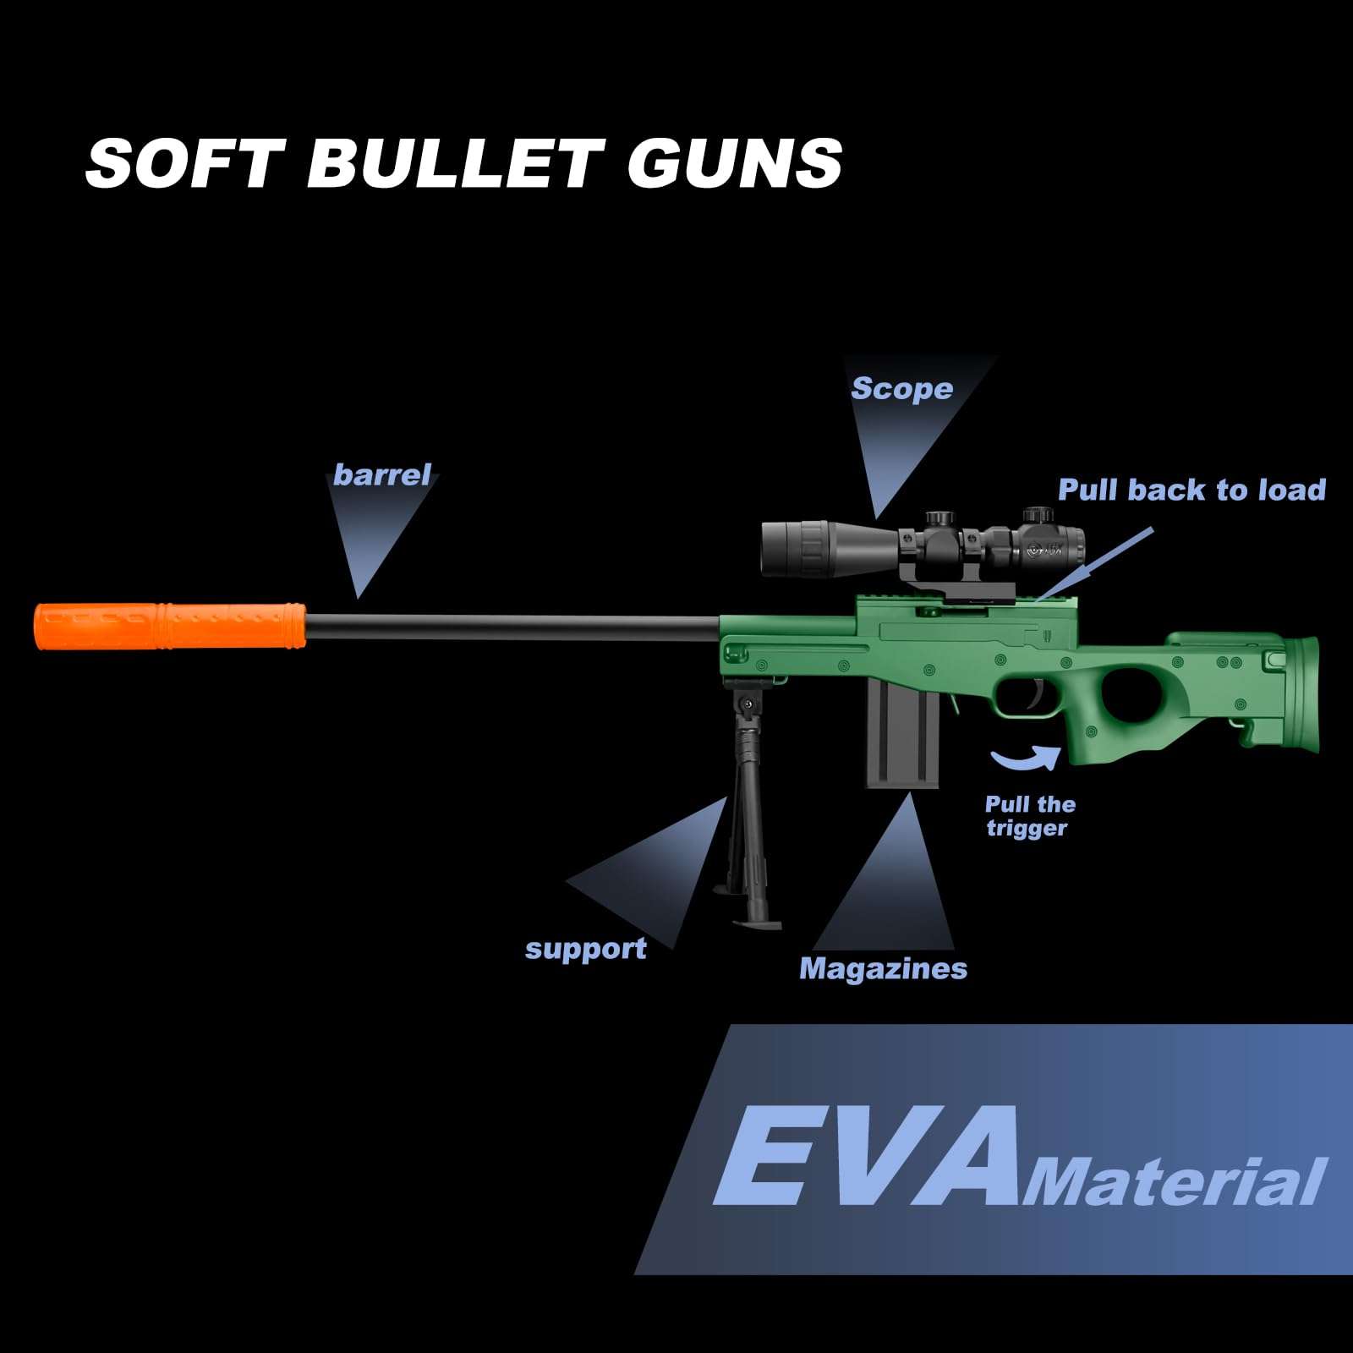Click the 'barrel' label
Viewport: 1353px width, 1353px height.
382,474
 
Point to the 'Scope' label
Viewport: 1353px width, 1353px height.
901,388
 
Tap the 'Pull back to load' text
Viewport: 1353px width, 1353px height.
1191,490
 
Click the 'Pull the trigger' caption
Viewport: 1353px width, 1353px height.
1029,816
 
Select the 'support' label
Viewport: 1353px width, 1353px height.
585,948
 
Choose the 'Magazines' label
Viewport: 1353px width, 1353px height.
883,968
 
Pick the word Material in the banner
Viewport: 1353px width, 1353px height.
1174,1182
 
